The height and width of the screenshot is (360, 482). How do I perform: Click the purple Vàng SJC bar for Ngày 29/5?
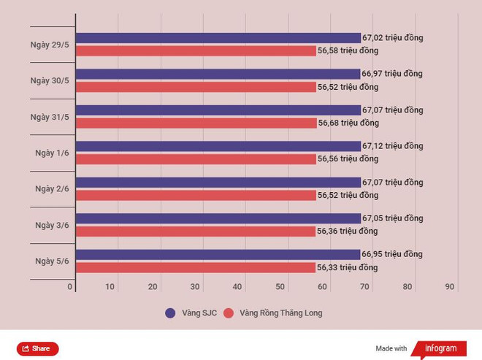click(218, 38)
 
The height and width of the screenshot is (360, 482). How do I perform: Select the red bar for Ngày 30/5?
click(196, 87)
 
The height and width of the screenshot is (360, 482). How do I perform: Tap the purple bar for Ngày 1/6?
click(218, 146)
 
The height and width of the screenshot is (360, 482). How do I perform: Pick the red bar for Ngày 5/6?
click(195, 267)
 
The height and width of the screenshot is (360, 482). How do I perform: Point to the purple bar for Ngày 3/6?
click(218, 218)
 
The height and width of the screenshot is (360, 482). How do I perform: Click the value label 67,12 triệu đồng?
click(392, 146)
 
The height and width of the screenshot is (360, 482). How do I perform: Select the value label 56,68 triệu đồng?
click(348, 123)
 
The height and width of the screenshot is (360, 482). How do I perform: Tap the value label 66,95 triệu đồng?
click(392, 254)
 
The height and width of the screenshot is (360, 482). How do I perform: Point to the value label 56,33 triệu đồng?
click(347, 267)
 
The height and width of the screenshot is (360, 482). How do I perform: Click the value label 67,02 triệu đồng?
click(392, 38)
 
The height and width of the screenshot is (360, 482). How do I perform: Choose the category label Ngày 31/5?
click(50, 117)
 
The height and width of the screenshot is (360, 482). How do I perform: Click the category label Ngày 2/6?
click(52, 188)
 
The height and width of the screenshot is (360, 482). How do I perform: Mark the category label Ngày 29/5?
click(50, 45)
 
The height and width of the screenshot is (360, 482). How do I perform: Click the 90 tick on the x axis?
click(451, 287)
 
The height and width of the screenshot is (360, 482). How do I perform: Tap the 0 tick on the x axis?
click(70, 287)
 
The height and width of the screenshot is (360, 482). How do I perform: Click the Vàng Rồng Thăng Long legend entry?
click(272, 313)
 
